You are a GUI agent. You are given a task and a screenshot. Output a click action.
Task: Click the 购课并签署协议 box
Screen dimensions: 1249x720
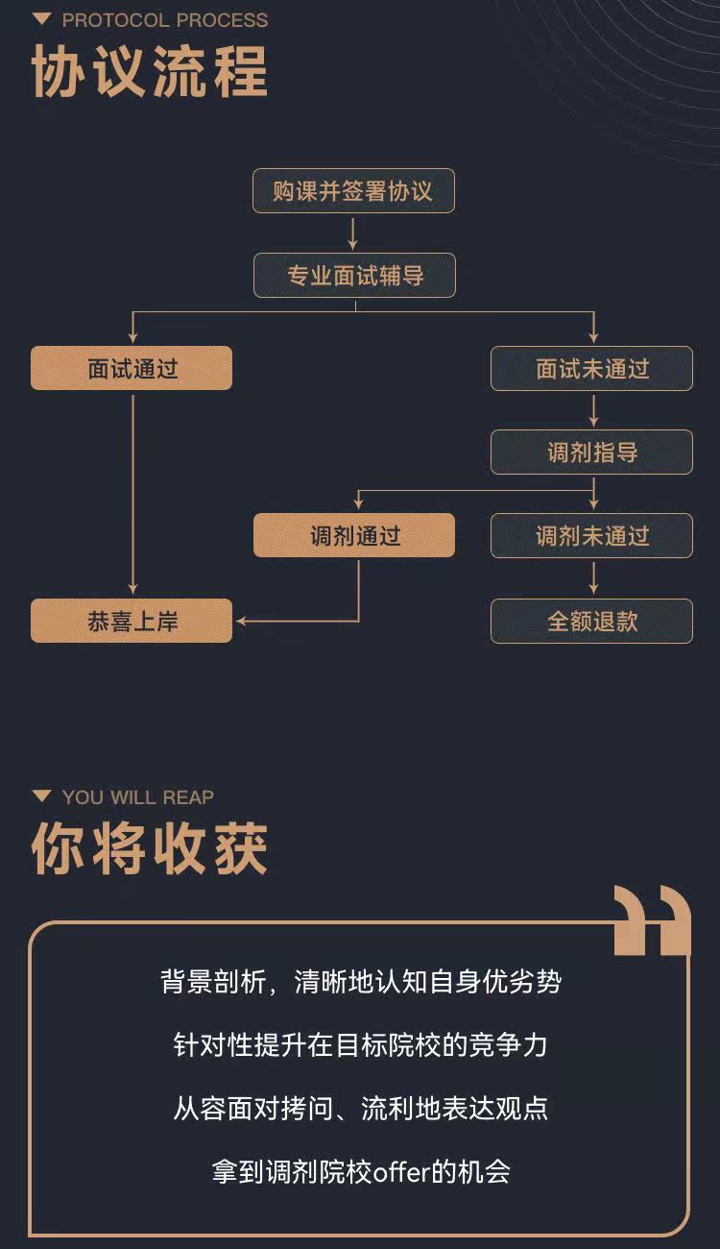point(353,192)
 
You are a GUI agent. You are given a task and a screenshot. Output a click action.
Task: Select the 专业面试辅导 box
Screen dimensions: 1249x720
point(354,276)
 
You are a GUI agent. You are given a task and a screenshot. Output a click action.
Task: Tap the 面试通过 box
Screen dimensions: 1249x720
point(132,368)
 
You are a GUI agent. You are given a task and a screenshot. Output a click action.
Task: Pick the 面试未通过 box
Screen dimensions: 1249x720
point(591,368)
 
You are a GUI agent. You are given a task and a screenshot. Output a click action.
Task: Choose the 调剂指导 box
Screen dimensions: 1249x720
point(591,452)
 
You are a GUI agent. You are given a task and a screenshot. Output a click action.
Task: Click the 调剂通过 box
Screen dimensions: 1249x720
point(354,535)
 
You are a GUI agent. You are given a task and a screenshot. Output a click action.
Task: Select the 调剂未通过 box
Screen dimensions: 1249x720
point(591,535)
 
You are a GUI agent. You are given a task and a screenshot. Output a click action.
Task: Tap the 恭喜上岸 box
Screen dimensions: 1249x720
point(132,621)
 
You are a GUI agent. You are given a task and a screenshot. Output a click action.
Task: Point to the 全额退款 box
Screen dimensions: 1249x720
point(591,621)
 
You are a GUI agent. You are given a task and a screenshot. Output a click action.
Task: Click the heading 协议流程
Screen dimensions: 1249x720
point(150,71)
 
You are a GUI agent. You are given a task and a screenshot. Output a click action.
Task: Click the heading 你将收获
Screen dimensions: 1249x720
point(150,847)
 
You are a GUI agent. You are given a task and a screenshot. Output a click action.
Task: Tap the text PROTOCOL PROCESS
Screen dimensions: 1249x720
point(165,19)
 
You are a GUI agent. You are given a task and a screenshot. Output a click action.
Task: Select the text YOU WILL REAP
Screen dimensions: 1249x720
point(138,796)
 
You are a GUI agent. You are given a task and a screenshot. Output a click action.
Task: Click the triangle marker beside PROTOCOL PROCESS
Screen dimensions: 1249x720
point(41,19)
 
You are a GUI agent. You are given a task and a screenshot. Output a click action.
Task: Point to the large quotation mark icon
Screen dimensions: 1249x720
point(652,920)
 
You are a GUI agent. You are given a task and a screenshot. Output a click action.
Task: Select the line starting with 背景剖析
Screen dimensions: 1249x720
point(360,982)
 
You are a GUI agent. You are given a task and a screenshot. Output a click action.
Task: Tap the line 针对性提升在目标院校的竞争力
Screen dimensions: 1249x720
point(360,1045)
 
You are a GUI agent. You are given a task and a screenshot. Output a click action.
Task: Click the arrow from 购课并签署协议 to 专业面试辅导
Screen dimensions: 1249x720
point(353,233)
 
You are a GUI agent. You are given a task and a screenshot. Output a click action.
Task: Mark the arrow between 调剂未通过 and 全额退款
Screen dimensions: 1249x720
point(593,578)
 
